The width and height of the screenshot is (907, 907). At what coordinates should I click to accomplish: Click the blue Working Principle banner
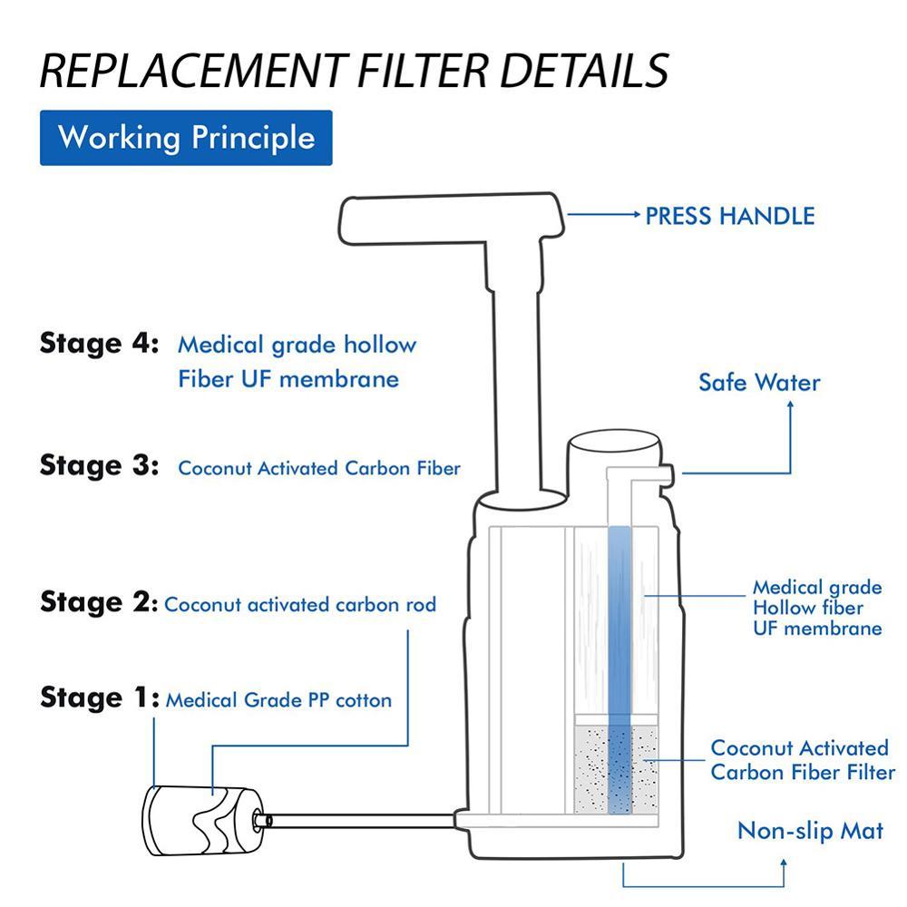186,138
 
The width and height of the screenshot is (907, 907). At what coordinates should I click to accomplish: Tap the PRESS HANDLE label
729,216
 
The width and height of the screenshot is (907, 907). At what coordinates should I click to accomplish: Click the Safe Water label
758,382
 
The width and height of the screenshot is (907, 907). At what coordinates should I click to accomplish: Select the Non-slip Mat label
809,831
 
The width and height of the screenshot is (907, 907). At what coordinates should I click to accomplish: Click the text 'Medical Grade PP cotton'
278,700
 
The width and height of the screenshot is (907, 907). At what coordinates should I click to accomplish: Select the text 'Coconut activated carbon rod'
300,604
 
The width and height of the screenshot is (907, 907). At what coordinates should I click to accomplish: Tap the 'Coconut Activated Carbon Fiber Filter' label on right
802,760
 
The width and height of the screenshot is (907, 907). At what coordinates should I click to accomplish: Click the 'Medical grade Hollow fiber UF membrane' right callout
816,608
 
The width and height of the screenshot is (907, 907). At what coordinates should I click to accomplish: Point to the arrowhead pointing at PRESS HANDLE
634,216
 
